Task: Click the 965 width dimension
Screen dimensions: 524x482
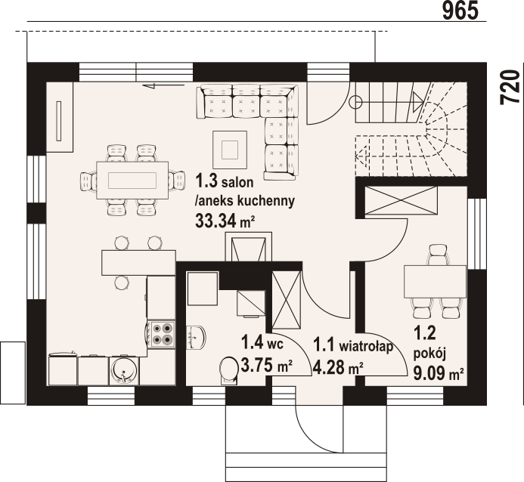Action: [x=460, y=11]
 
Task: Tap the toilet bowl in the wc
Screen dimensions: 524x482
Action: [x=228, y=371]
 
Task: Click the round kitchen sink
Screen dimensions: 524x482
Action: [x=123, y=371]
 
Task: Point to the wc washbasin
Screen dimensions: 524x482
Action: [x=197, y=338]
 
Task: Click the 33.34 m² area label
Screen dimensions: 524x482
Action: [x=225, y=221]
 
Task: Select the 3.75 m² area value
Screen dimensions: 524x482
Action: [x=267, y=366]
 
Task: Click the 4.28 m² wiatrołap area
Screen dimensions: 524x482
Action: [x=338, y=368]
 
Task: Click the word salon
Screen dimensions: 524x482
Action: [x=237, y=182]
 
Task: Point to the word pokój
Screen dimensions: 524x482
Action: [x=429, y=354]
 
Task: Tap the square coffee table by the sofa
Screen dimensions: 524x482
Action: [x=230, y=150]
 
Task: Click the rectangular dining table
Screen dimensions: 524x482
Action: [x=132, y=181]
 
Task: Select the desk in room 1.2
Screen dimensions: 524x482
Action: [x=435, y=281]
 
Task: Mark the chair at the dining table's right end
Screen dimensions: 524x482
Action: [x=176, y=181]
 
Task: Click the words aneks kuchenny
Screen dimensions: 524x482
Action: [x=245, y=201]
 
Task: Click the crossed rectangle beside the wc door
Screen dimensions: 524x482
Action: [x=287, y=300]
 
